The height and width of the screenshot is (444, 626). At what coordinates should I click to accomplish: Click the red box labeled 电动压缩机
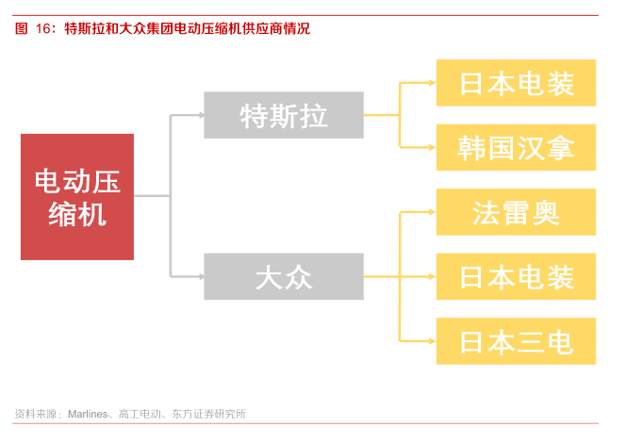coord(77,197)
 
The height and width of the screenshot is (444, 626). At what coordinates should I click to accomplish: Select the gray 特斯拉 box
coord(284,115)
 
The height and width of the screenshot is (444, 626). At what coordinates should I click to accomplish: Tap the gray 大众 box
coord(284,276)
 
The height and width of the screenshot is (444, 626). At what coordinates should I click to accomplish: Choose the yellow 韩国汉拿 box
coord(516,147)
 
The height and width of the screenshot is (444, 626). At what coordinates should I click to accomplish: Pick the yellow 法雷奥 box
coord(516,212)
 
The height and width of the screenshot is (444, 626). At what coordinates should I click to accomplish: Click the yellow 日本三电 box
coord(516,341)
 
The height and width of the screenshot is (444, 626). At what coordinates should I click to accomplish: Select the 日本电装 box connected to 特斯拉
coord(516,83)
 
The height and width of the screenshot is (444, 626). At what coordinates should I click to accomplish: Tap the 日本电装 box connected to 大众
coord(516,277)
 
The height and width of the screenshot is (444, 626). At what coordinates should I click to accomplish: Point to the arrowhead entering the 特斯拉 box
coord(202,115)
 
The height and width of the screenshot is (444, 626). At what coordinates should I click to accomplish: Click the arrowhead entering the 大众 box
coord(202,276)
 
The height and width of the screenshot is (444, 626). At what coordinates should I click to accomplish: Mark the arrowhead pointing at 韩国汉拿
coord(433,147)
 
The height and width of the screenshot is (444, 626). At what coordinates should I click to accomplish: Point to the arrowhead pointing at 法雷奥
coord(433,212)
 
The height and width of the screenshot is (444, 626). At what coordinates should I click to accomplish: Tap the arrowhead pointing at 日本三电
coord(433,341)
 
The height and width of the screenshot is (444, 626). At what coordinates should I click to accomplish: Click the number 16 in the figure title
coord(43,28)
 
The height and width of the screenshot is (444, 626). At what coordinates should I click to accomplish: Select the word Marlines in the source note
coord(88,414)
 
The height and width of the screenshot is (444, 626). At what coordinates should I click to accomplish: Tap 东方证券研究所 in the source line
coord(208,414)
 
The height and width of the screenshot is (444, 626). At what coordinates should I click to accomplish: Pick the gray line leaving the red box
coord(152,196)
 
